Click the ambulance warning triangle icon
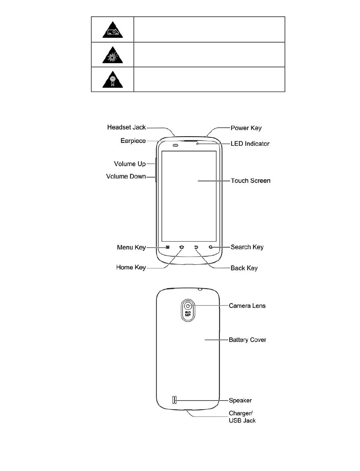point(113,30)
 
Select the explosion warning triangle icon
point(113,55)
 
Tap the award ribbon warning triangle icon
point(113,80)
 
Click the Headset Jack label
point(127,127)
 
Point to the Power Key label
point(246,128)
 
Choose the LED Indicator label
point(250,143)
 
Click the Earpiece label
point(133,141)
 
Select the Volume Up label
point(130,164)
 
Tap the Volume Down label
point(126,176)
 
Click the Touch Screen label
point(250,181)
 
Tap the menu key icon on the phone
point(167,247)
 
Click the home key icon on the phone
point(182,247)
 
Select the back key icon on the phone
point(196,247)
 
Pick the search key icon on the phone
point(211,247)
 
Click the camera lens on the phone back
point(188,306)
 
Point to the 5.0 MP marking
point(188,313)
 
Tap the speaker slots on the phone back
point(175,400)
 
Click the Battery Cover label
point(247,340)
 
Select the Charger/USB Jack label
point(242,417)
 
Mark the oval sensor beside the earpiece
point(175,145)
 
